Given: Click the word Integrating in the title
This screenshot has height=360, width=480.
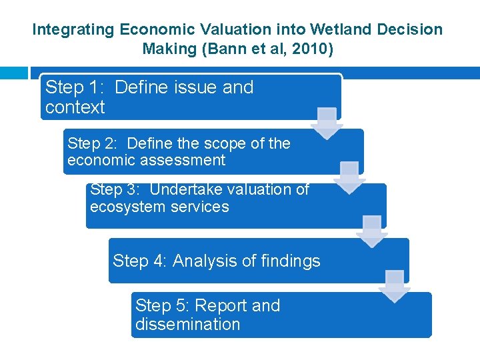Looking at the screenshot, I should point(74,29).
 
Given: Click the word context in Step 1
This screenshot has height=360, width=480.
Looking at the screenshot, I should point(75,107).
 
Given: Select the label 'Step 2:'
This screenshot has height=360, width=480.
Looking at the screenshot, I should point(93,143).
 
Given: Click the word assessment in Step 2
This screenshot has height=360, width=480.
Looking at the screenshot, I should point(183,161).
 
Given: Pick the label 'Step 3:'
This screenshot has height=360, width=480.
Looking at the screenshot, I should point(116,189).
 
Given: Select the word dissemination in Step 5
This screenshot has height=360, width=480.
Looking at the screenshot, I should point(187,325).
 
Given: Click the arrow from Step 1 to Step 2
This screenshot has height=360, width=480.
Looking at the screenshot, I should point(327,124).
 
